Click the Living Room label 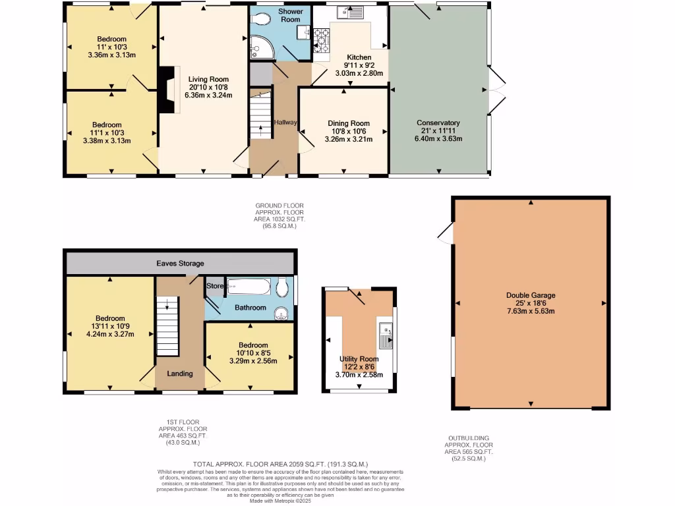point(202,79)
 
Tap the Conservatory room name point(438,123)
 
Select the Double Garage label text point(531,295)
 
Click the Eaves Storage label point(180,264)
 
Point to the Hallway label point(286,123)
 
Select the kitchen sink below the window point(349,12)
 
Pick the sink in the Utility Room point(385,335)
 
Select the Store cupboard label point(215,286)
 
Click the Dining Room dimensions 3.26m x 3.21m point(349,139)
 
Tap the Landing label point(179,374)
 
